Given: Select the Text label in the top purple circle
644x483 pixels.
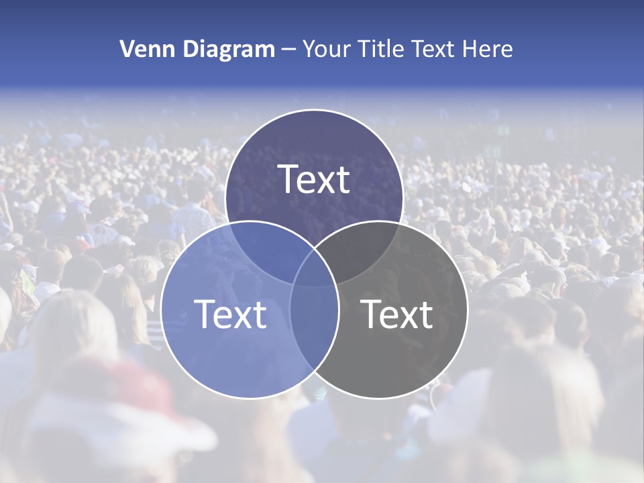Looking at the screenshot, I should click(314, 180).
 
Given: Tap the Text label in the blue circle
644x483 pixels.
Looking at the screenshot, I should click(230, 314).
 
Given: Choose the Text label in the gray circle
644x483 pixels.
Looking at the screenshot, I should click(397, 314).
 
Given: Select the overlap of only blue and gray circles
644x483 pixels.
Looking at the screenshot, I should click(314, 329).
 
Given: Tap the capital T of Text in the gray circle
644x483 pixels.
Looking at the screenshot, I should click(371, 314).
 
